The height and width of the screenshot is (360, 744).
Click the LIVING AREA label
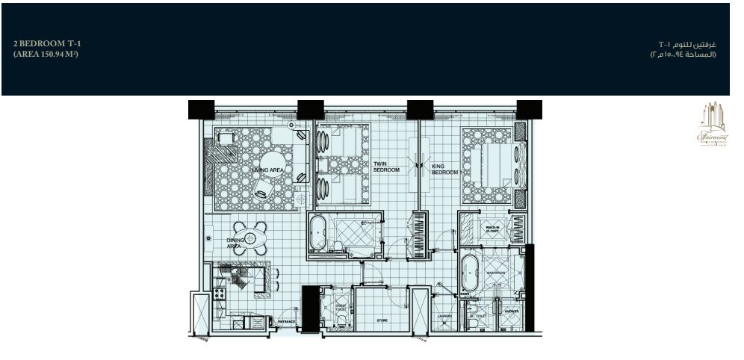click(267, 170)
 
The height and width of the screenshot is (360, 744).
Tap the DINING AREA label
click(235, 242)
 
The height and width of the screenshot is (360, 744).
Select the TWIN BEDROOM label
click(386, 167)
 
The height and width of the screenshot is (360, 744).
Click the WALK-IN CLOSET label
click(492, 229)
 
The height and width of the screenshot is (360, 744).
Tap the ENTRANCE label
click(286, 322)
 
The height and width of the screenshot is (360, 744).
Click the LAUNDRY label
click(442, 317)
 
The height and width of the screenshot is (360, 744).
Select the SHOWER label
click(511, 311)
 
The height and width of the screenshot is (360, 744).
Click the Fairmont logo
click(711, 124)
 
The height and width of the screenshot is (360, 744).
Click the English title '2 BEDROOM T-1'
click(47, 46)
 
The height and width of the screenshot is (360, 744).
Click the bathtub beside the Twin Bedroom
click(317, 233)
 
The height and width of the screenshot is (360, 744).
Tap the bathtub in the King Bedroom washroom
click(470, 273)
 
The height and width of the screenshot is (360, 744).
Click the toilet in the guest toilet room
click(341, 320)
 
